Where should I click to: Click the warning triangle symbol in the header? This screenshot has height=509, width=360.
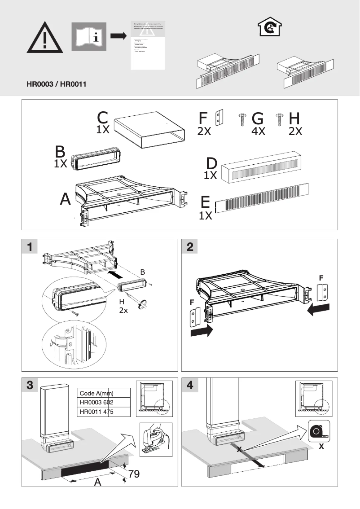click(44, 38)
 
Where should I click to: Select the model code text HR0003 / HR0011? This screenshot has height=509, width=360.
click(57, 84)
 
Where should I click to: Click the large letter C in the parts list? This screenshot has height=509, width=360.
click(103, 118)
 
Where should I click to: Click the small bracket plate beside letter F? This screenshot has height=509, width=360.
click(219, 118)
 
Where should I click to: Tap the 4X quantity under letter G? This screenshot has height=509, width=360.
click(258, 132)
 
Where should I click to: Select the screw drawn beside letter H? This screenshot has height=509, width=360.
click(279, 118)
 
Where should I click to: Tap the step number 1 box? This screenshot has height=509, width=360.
click(30, 246)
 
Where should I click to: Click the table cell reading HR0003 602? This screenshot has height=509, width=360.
click(104, 403)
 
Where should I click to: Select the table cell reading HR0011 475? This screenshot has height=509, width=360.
click(104, 412)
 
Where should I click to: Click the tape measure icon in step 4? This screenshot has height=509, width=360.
click(319, 430)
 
